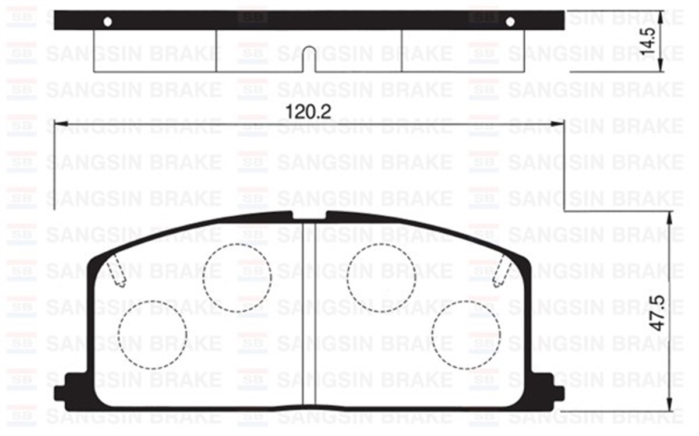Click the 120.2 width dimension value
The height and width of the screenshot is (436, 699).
[309, 111]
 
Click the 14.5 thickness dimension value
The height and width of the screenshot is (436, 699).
[648, 41]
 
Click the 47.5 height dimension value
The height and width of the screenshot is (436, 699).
[657, 314]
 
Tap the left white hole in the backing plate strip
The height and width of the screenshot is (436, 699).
[107, 22]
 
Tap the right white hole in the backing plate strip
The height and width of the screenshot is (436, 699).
[510, 22]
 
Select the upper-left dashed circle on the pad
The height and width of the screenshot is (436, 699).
[238, 277]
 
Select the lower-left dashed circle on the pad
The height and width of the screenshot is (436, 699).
[152, 335]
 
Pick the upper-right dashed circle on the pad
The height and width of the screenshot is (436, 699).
[381, 277]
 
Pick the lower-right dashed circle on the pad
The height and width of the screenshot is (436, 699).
[466, 335]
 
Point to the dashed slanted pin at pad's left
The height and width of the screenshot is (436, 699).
[116, 272]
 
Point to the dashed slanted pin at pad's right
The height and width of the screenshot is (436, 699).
[502, 272]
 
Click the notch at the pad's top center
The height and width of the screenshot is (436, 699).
[309, 216]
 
